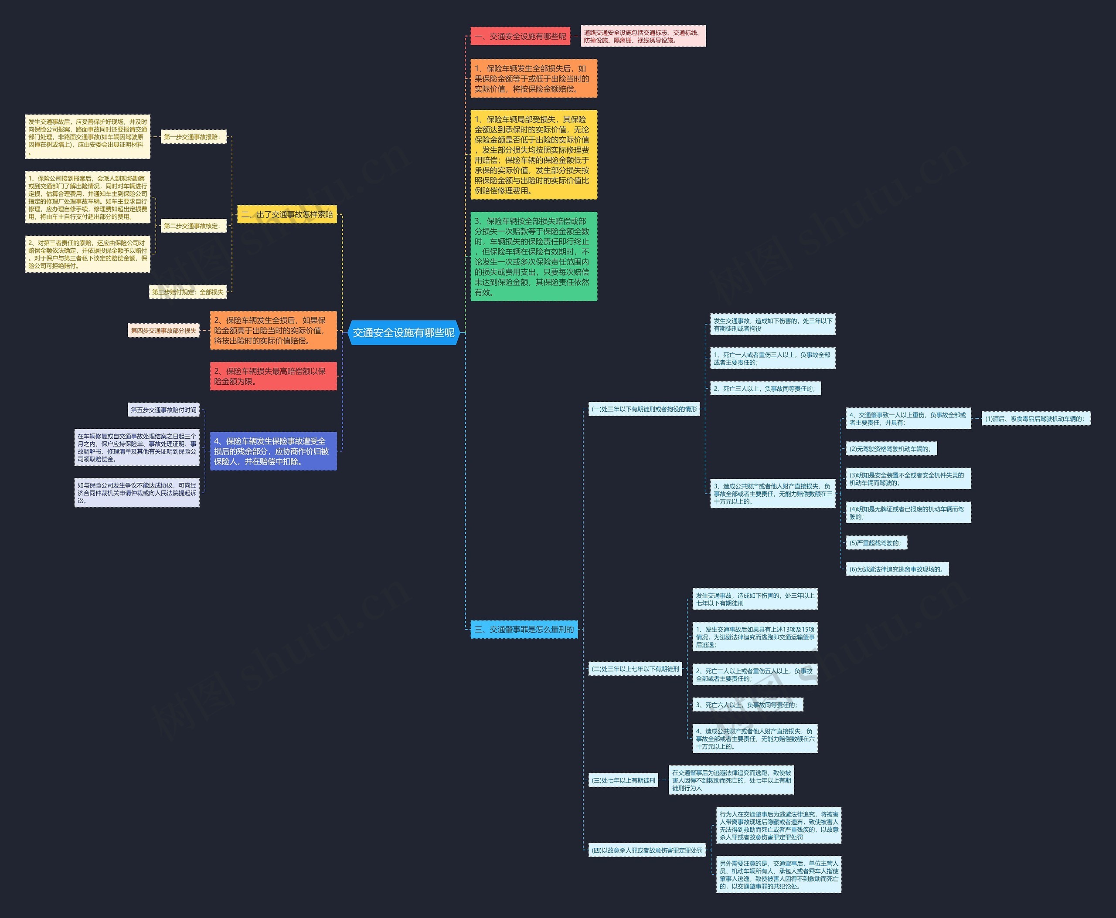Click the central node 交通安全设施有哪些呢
point(403,332)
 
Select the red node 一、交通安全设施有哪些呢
point(520,37)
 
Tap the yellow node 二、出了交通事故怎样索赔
point(287,214)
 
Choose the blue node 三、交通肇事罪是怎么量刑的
point(524,629)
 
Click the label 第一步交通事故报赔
point(193,137)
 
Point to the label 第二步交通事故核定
point(193,226)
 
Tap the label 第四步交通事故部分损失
point(163,331)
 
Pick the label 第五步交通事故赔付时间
point(163,410)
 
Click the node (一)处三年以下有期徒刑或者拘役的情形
point(644,409)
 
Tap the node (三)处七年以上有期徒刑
point(623,780)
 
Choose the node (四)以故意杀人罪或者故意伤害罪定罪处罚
point(647,850)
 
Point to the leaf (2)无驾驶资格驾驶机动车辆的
point(891,449)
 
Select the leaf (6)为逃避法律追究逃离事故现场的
point(897,569)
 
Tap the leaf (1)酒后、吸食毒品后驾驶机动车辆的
point(1035,419)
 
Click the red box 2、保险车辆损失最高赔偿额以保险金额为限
point(273,376)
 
